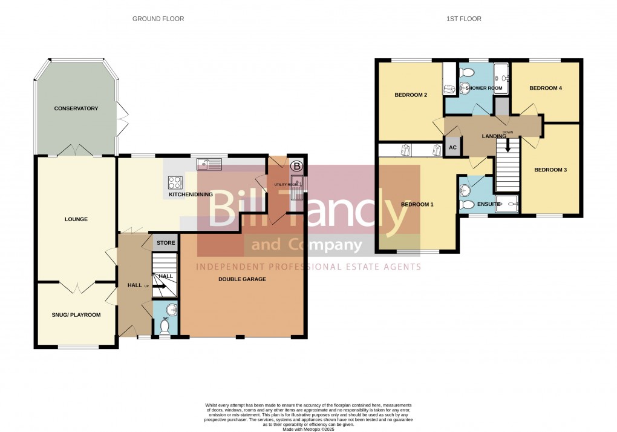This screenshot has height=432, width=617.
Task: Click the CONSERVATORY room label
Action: point(76,108)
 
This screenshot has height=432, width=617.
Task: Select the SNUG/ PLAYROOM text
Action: point(76,315)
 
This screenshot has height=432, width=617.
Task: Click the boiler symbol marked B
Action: point(296,165)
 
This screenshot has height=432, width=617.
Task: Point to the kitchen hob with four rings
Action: point(175,182)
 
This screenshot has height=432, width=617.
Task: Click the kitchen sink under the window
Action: point(209,163)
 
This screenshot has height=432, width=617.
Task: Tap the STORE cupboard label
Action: point(166,243)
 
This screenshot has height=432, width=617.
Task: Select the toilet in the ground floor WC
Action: point(165,327)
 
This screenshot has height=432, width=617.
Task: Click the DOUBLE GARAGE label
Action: point(242,279)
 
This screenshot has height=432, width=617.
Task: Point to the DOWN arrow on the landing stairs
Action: point(508,144)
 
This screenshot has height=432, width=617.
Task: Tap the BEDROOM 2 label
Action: point(411,95)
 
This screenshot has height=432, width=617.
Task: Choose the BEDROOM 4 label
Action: point(546,88)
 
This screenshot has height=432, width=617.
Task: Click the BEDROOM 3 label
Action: point(550,170)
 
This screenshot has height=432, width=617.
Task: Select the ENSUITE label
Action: point(489,205)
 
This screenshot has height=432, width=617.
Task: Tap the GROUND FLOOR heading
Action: point(158,19)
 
